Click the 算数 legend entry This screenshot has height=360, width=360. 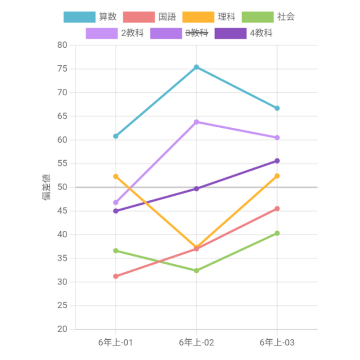(90, 17)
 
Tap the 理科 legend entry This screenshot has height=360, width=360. (209, 17)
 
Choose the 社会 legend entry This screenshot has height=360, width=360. (269, 17)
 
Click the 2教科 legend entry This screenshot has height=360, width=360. (115, 33)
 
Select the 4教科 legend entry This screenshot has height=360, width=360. (244, 33)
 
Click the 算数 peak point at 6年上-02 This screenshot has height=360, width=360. (196, 67)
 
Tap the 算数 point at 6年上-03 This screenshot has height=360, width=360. (277, 108)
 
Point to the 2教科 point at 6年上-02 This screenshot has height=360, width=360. (196, 122)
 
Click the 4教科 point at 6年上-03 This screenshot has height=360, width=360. (277, 161)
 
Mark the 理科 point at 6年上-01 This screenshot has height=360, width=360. (116, 176)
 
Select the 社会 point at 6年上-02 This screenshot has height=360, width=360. (196, 270)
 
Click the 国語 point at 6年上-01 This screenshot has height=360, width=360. (116, 276)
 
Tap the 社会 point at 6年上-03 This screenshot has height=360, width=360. (277, 233)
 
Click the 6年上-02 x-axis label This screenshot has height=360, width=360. (196, 343)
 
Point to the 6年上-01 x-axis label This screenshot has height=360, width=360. (116, 343)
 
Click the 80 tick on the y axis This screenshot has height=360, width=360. (62, 45)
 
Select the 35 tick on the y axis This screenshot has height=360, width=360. (62, 258)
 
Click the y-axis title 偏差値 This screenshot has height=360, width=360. (47, 187)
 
